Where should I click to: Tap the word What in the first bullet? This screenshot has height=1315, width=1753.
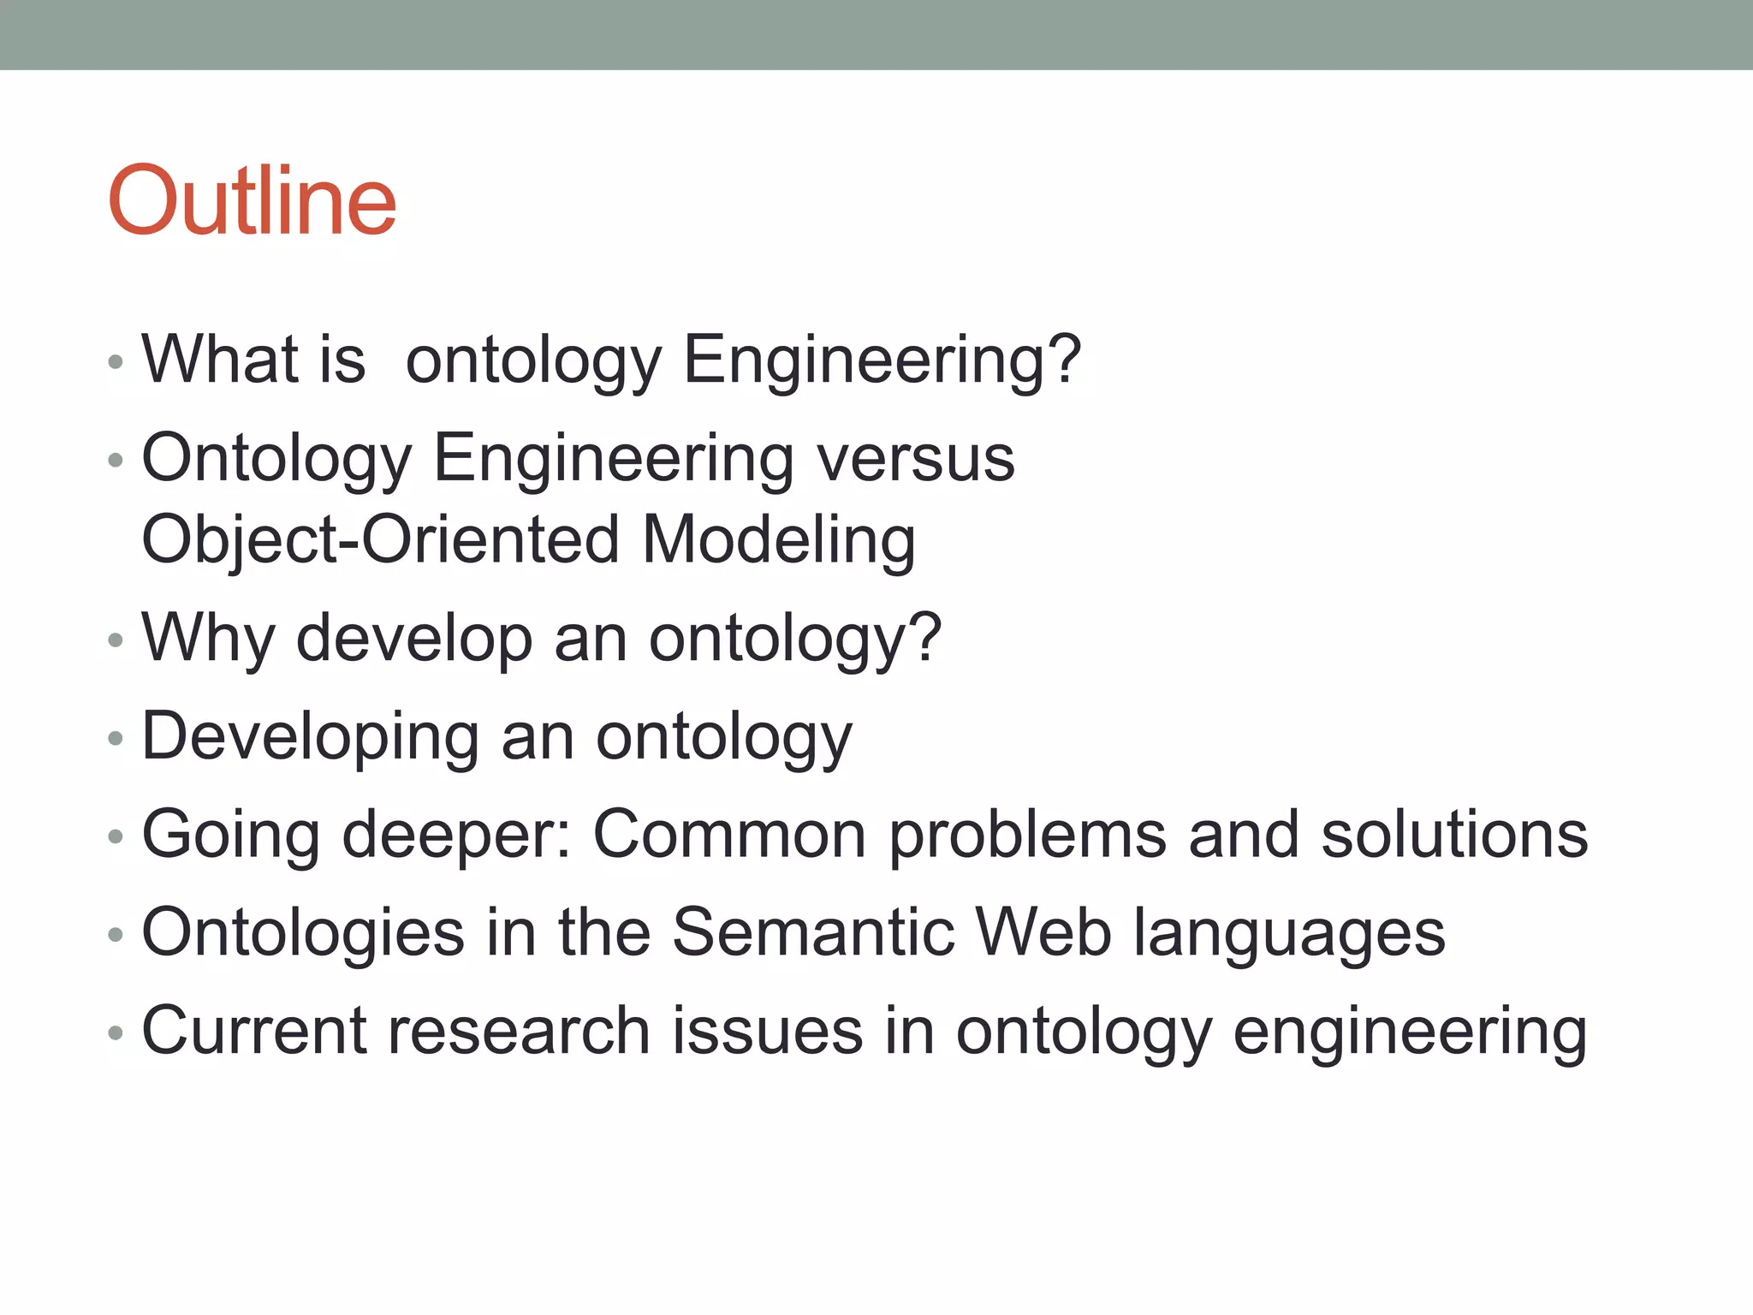(219, 359)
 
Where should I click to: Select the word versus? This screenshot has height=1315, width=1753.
(915, 458)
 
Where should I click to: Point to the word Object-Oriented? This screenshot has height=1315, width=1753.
(380, 539)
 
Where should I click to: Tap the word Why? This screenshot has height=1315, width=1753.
(208, 638)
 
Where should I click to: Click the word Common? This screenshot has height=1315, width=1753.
(729, 835)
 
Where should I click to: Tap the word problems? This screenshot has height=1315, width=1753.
(1027, 836)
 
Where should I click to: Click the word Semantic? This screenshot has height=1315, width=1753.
(812, 932)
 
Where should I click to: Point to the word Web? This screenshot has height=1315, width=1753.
(1043, 932)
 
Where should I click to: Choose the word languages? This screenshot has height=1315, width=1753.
(1289, 934)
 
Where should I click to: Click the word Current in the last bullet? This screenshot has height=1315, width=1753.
(253, 1031)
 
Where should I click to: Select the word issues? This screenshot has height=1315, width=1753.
(767, 1031)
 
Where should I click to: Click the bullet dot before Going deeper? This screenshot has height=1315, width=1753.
(116, 836)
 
